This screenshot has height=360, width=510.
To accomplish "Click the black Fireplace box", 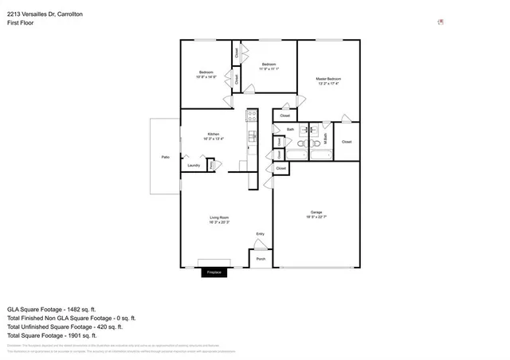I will point(214,272).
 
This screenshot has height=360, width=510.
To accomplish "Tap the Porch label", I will point(261,259).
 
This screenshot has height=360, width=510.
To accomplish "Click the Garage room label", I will point(316,212).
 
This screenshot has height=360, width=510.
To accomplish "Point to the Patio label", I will point(165,157).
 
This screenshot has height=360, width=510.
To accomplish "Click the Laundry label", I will point(193,166).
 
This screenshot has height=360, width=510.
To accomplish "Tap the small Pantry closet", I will point(211,165).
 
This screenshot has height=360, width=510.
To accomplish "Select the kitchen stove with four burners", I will point(251,134).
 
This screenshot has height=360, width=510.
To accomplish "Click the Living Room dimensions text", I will point(220,223).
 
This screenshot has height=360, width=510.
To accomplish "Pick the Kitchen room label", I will point(214,134).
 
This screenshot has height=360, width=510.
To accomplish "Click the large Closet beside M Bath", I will point(347,142).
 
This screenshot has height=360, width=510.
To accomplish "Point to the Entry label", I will point(260,233).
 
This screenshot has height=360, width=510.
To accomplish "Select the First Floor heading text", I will point(20,24).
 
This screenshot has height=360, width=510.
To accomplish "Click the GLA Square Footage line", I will point(52,309).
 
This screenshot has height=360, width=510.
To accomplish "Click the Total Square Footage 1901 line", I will point(53,335).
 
